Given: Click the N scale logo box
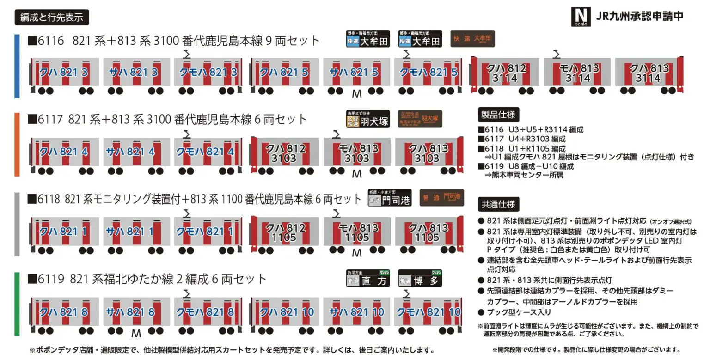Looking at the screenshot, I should [581, 17].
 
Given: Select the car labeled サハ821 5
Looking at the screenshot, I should [356, 73].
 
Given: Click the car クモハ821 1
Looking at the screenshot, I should [205, 232].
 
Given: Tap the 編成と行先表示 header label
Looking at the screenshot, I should [52, 18].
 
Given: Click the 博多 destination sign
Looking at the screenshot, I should [420, 278].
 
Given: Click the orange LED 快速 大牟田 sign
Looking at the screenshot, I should [472, 39].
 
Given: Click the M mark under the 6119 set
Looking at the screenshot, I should [136, 333].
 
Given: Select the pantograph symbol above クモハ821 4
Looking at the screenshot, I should [186, 134].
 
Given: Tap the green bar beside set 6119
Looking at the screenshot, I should [17, 304].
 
